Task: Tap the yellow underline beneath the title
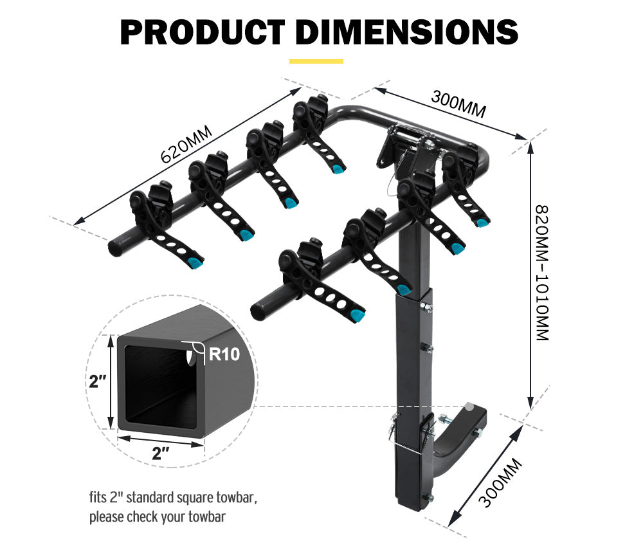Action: [x=316, y=62]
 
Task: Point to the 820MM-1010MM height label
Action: [x=543, y=273]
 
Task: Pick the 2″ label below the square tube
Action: [x=160, y=453]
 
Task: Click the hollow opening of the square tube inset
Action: [x=158, y=383]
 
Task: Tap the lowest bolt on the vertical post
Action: [x=427, y=496]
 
